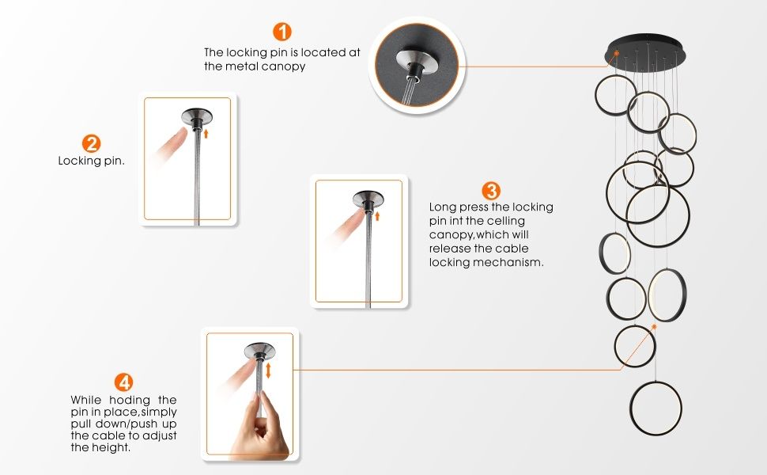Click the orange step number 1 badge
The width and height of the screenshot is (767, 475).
click(x=281, y=32)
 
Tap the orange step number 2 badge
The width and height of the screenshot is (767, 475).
click(x=91, y=143)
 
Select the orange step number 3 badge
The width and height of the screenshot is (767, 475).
click(x=491, y=191)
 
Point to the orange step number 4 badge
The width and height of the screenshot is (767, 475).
click(x=124, y=382)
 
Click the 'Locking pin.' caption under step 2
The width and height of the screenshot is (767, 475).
click(x=92, y=161)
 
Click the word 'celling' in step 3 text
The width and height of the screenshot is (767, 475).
click(x=505, y=221)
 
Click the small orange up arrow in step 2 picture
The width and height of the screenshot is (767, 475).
click(x=206, y=133)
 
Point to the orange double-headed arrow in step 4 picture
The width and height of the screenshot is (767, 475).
click(x=268, y=370)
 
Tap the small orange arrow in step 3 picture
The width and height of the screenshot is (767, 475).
click(x=377, y=216)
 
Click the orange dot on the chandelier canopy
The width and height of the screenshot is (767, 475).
click(x=617, y=53)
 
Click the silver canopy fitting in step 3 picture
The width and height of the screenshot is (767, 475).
click(x=368, y=199)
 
